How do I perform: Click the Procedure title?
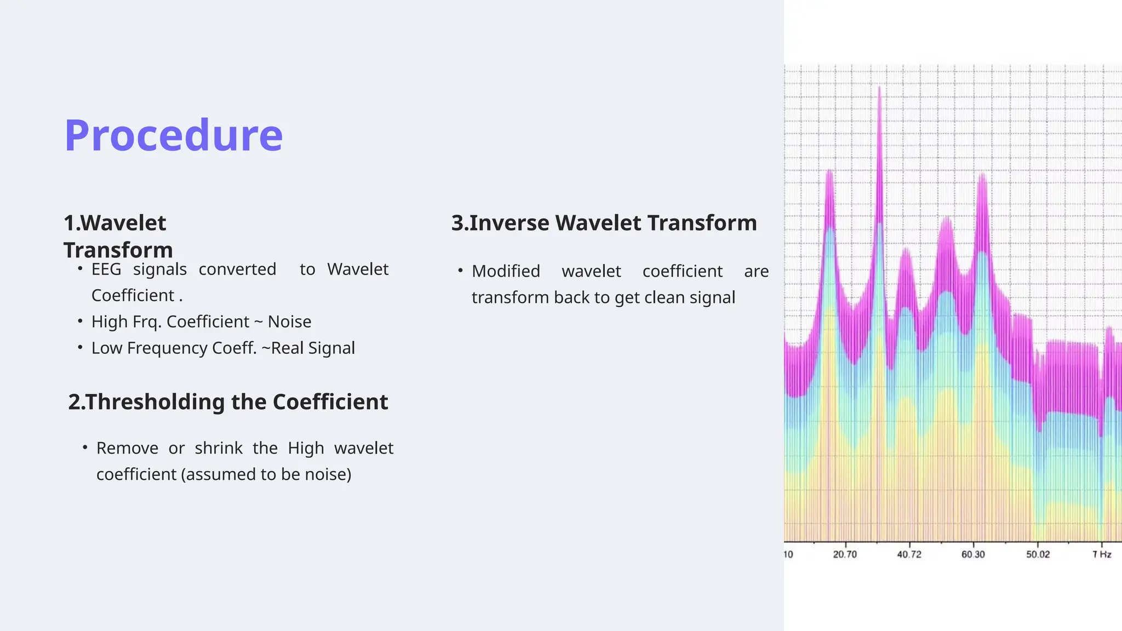[174, 135]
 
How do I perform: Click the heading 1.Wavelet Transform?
[118, 236]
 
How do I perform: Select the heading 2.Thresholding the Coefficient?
[228, 402]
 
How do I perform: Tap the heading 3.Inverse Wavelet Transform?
[604, 223]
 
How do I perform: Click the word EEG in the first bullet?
[106, 269]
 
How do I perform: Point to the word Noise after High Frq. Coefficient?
[289, 322]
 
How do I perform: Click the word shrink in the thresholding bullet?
[219, 448]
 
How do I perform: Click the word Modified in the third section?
[506, 272]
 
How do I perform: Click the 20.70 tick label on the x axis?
[845, 554]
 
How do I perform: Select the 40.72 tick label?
[909, 554]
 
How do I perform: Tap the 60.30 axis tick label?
[973, 554]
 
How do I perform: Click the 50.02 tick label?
[1038, 554]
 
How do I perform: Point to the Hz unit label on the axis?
[1106, 554]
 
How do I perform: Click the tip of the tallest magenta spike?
[879, 87]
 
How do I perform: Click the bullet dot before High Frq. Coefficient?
[81, 321]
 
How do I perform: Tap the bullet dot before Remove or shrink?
[85, 448]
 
